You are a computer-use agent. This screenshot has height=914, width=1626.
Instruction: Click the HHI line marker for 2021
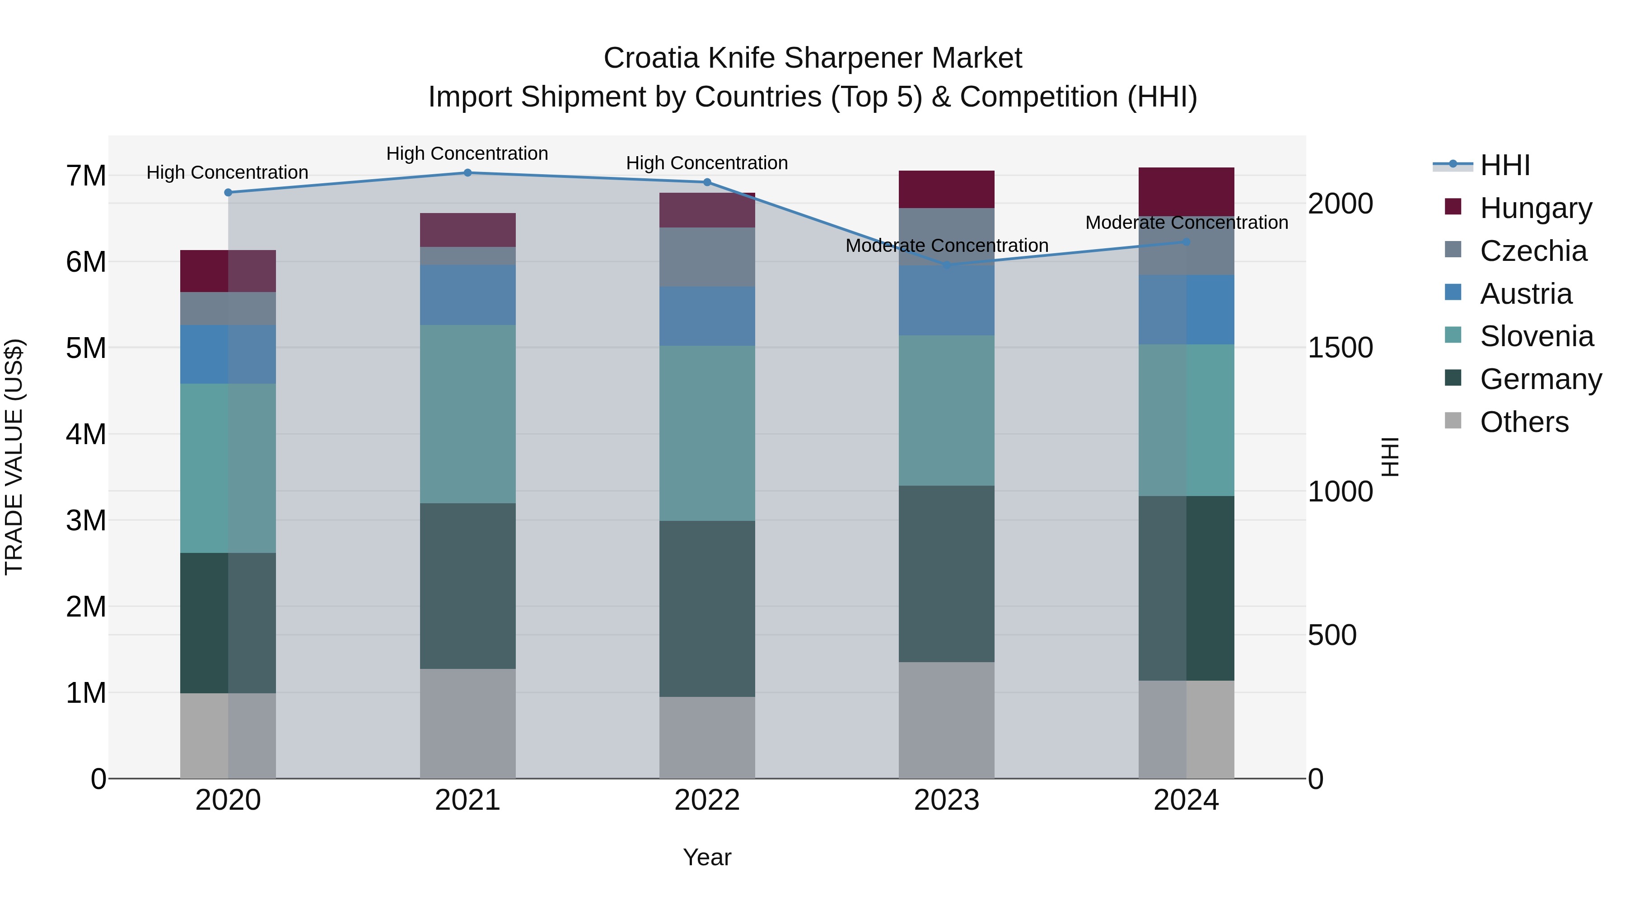(x=468, y=173)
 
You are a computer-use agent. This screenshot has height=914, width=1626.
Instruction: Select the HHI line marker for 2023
(x=946, y=265)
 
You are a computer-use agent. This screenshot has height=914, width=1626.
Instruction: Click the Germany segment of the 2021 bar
(x=468, y=585)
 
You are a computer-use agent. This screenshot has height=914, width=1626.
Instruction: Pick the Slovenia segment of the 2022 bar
(x=707, y=433)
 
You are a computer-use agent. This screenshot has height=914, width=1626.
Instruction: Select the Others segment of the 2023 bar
(x=946, y=720)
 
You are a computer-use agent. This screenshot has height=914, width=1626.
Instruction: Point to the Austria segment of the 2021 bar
(x=468, y=295)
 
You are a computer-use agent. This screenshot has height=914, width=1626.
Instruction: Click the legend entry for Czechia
(x=1533, y=251)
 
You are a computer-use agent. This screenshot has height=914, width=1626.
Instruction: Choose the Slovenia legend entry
(x=1537, y=336)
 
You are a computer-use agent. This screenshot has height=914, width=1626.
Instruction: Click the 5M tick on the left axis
(x=86, y=348)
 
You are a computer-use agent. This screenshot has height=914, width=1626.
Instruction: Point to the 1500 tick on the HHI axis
(x=1340, y=348)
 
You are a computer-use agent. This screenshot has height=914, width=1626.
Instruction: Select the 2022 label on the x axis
(x=707, y=800)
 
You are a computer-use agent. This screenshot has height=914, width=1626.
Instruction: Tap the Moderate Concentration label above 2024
(x=1186, y=223)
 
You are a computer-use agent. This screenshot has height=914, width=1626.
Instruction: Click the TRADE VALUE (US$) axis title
(x=14, y=457)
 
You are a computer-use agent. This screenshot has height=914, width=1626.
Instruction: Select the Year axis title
(x=707, y=857)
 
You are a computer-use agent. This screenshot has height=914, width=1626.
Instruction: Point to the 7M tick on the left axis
(x=86, y=176)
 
